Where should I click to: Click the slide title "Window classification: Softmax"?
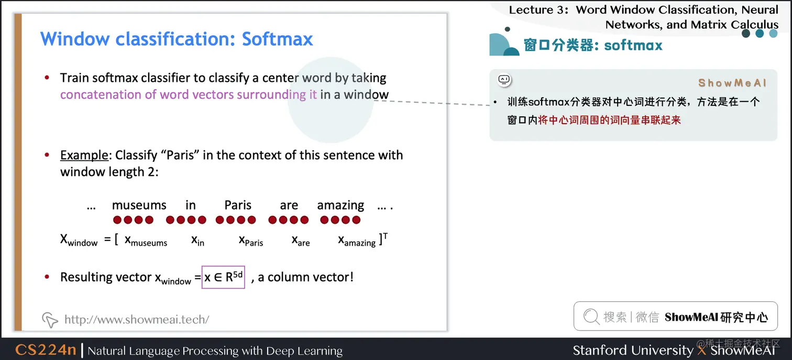click(x=177, y=39)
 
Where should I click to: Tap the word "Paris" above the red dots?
click(x=238, y=205)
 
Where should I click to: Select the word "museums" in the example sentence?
click(x=139, y=205)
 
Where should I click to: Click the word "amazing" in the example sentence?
click(x=340, y=205)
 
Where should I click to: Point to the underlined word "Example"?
click(x=84, y=155)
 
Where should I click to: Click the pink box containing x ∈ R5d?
click(x=224, y=277)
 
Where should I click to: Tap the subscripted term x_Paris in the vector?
click(x=251, y=241)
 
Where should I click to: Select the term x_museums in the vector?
click(x=146, y=241)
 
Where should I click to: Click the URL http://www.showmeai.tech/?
click(x=137, y=319)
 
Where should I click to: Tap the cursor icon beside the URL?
click(x=50, y=319)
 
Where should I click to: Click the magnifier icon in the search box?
click(x=591, y=317)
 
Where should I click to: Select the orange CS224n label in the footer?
click(x=46, y=350)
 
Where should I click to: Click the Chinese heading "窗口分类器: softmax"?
click(x=593, y=46)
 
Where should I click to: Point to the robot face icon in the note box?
click(x=504, y=80)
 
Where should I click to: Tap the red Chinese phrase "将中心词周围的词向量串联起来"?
click(x=610, y=120)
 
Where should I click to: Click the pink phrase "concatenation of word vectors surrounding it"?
click(x=189, y=95)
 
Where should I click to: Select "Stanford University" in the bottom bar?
click(x=633, y=350)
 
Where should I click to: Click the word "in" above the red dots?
click(x=190, y=205)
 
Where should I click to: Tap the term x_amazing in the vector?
click(x=357, y=241)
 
